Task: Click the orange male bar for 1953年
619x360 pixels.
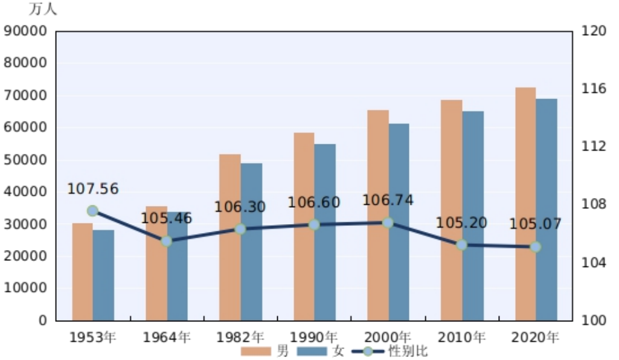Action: (x=82, y=272)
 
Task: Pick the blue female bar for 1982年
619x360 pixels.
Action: (x=251, y=242)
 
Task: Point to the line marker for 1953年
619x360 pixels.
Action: (x=92, y=211)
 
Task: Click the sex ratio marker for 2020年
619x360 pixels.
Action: (x=535, y=246)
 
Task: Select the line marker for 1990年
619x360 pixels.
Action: (x=314, y=225)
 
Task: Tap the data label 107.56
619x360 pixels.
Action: (x=92, y=189)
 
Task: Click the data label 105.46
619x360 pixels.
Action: (x=166, y=218)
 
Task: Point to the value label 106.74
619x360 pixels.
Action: (x=388, y=201)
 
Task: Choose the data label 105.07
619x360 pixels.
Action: (x=535, y=224)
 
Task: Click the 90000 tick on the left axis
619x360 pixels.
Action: (x=25, y=31)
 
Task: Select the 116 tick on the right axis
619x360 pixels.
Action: (x=593, y=89)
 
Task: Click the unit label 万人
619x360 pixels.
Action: (x=43, y=10)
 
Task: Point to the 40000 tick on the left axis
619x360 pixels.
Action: (x=25, y=191)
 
